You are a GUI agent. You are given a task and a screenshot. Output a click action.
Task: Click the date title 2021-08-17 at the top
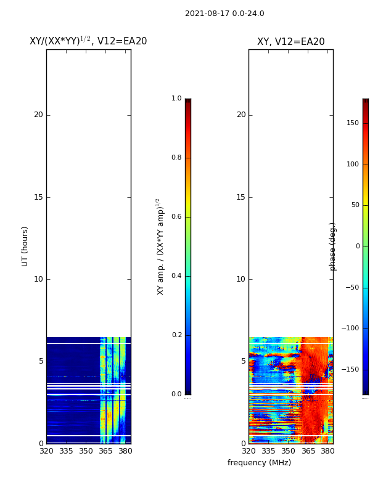224,14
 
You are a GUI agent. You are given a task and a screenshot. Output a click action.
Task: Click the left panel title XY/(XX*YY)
88,41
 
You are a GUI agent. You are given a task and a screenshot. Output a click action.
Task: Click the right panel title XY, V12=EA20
290,42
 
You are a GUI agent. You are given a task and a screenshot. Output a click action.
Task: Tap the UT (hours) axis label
25,246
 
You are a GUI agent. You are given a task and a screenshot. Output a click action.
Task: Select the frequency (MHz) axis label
259,463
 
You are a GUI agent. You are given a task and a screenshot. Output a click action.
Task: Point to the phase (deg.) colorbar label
333,246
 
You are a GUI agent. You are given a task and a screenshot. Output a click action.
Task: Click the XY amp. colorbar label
160,246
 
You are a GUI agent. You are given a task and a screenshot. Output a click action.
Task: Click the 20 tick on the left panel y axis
38,115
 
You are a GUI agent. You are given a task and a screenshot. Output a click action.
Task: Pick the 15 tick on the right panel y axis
240,197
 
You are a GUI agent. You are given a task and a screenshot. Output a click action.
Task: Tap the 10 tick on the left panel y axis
38,279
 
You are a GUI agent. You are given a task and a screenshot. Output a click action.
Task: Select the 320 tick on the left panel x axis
46,451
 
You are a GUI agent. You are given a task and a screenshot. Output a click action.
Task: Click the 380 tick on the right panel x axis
327,451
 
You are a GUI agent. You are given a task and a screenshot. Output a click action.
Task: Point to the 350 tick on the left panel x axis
86,451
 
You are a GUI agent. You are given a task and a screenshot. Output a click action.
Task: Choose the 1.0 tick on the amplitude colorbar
176,99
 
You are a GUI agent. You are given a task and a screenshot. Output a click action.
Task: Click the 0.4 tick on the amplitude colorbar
176,276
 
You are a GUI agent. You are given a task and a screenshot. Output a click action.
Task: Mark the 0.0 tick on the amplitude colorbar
176,394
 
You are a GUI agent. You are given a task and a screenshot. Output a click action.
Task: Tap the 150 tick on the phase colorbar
353,123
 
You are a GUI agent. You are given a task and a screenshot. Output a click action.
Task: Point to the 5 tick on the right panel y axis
243,361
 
